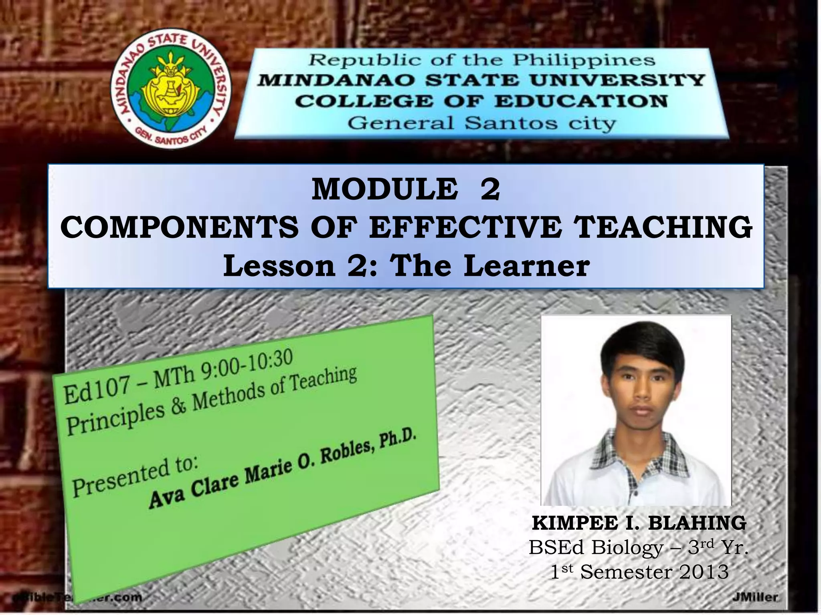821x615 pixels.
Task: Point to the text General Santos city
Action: point(481,123)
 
